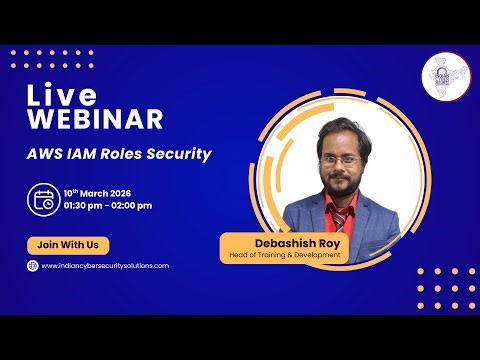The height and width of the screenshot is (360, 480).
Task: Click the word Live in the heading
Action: click(62, 96)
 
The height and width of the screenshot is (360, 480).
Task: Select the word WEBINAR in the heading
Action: click(94, 120)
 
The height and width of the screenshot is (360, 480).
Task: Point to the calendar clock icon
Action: click(43, 198)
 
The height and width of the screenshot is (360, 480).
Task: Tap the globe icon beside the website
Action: click(32, 265)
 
